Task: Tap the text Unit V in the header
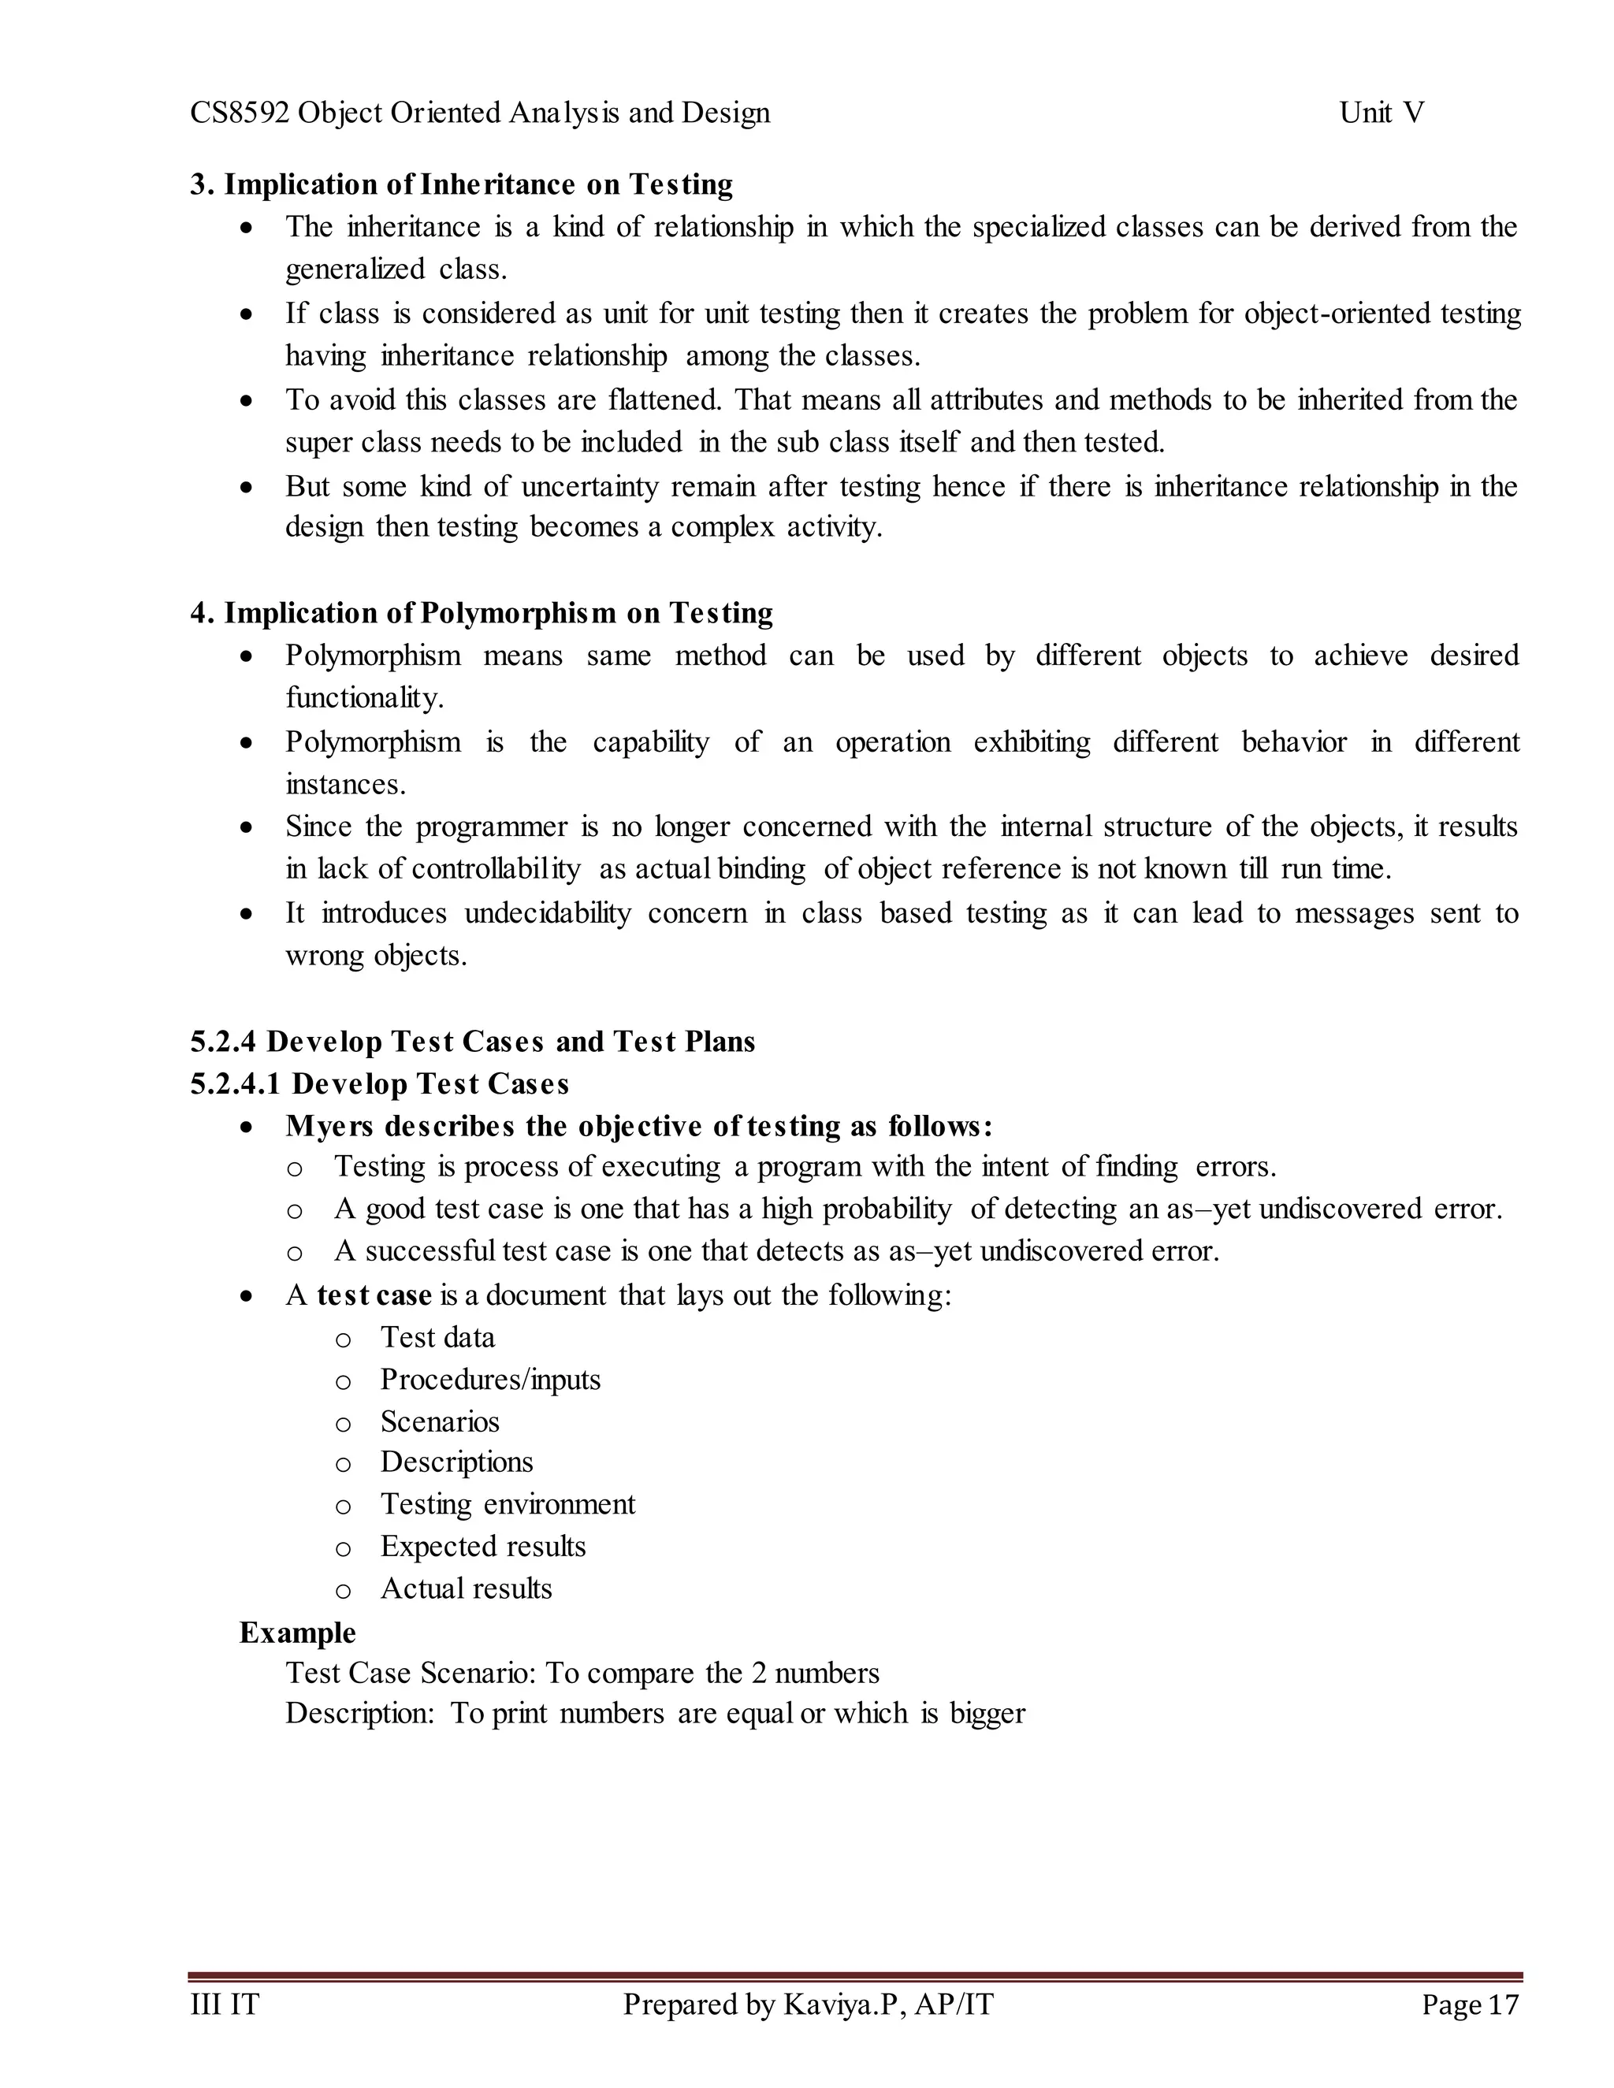tap(1381, 113)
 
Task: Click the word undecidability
tap(547, 913)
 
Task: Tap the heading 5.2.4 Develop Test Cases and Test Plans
tap(472, 1041)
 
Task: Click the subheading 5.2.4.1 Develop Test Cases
tap(380, 1084)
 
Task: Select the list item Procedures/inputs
tap(489, 1380)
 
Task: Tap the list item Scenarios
tap(439, 1421)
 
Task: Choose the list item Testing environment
tap(507, 1505)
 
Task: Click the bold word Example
tap(296, 1633)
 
